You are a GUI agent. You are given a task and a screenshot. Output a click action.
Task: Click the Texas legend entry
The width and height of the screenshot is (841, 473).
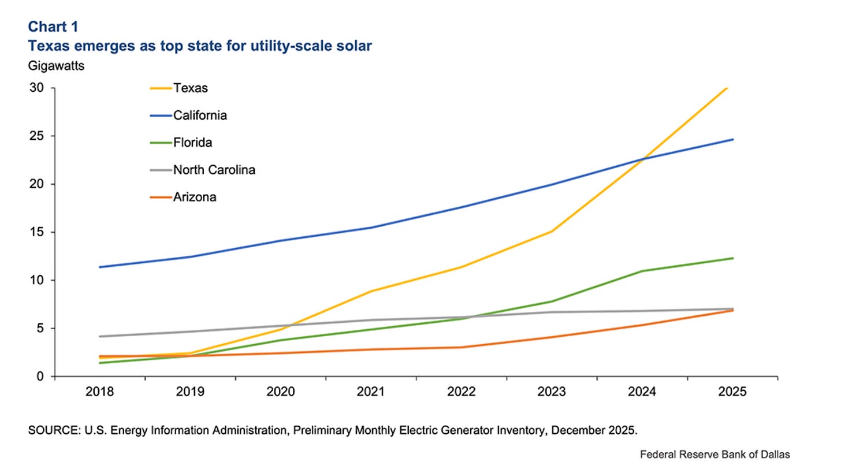[x=190, y=88]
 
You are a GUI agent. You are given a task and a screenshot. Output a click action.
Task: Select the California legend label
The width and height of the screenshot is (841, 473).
[x=200, y=116]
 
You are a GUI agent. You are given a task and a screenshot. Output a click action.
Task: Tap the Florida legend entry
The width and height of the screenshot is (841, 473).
[x=192, y=143]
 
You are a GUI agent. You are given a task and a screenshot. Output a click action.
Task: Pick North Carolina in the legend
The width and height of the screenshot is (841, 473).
[x=214, y=170]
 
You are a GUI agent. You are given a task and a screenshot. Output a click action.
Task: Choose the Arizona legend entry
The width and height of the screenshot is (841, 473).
[x=195, y=197]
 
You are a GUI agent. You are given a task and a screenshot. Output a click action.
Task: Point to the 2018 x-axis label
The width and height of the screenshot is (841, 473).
[x=99, y=392]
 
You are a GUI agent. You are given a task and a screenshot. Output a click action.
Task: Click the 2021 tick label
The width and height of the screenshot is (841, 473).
[x=371, y=392]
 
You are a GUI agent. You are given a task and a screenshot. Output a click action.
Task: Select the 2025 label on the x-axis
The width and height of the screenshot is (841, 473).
[x=732, y=392]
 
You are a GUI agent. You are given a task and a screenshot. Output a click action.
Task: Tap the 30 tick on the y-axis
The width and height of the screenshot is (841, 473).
[x=37, y=88]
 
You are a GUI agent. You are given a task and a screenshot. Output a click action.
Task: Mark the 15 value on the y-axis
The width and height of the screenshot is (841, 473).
[x=37, y=232]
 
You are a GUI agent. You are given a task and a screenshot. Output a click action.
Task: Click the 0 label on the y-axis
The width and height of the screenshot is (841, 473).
[x=39, y=377]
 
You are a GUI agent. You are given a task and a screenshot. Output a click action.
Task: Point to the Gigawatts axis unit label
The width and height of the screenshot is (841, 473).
[x=56, y=66]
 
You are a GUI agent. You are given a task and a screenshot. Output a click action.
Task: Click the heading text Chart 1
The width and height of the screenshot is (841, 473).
[x=53, y=27]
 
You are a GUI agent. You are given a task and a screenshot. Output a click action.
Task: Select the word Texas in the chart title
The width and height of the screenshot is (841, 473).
[x=49, y=46]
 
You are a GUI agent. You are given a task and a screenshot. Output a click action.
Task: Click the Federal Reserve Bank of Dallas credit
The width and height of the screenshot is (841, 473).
[x=715, y=455]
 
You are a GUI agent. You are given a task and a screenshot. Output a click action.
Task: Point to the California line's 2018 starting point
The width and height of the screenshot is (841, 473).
[x=100, y=267]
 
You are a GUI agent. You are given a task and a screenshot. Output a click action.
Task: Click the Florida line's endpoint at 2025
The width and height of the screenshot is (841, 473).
[x=732, y=258]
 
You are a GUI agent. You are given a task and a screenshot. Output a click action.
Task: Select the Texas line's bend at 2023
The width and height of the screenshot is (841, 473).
[x=552, y=232]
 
